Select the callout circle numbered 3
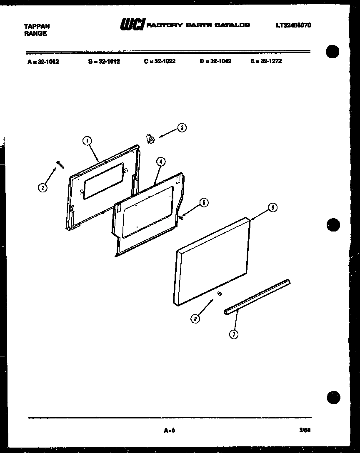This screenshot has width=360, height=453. (182, 128)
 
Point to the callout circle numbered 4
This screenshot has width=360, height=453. (162, 162)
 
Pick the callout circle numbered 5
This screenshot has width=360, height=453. (203, 203)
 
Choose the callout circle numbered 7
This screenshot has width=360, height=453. (235, 334)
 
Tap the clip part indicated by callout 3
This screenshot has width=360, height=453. (150, 139)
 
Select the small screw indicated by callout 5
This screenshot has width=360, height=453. (182, 217)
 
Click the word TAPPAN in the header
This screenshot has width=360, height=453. (37, 26)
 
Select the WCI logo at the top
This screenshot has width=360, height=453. (132, 25)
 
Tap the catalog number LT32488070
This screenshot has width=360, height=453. (293, 25)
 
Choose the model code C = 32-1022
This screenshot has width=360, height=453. (160, 61)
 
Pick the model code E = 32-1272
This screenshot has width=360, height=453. (266, 61)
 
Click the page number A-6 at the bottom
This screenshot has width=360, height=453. (169, 431)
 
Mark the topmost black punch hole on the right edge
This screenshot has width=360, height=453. (333, 52)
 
